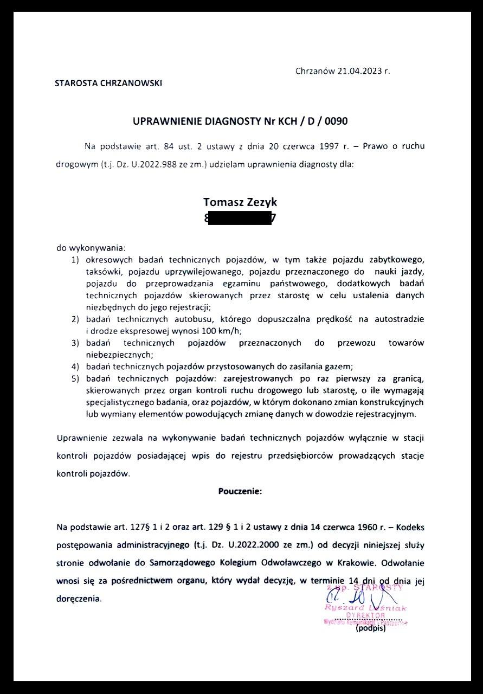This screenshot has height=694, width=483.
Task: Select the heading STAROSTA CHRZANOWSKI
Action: [x=108, y=83]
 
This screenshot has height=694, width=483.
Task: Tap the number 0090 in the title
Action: [x=336, y=121]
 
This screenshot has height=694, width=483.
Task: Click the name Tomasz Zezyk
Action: [x=240, y=202]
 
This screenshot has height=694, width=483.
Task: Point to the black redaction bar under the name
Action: [x=240, y=219]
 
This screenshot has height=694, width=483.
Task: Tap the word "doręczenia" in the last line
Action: [x=79, y=599]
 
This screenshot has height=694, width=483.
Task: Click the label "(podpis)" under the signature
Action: [x=370, y=629]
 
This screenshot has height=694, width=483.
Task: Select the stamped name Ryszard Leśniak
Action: [x=365, y=608]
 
